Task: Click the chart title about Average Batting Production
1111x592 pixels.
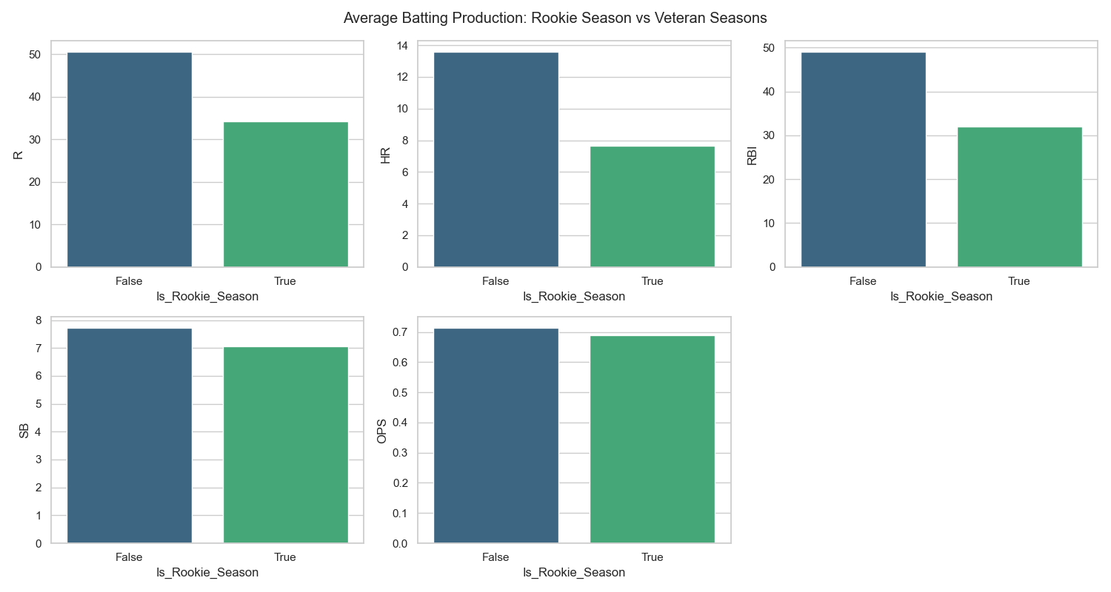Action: tap(555, 17)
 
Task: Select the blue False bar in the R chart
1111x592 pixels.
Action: tap(130, 159)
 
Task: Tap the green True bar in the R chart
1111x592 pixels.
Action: tap(285, 194)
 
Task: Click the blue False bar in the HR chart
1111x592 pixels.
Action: tap(496, 159)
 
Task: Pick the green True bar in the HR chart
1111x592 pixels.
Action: tap(652, 206)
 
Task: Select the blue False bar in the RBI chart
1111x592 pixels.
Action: tap(863, 159)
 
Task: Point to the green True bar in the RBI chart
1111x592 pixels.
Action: tap(1019, 197)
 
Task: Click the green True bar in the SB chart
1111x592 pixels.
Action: tap(285, 445)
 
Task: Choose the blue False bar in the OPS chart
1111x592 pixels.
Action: tap(496, 436)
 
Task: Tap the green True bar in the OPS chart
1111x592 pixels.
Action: tap(652, 440)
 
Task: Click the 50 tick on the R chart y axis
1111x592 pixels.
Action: tap(36, 55)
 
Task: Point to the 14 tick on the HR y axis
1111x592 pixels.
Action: tap(402, 46)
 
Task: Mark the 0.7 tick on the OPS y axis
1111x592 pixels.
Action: tap(399, 332)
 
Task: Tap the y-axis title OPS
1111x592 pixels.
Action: tap(382, 430)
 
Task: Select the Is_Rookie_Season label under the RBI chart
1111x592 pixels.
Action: tap(941, 297)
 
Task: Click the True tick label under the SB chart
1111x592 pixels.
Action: tap(285, 557)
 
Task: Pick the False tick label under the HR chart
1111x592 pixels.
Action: tap(496, 281)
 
